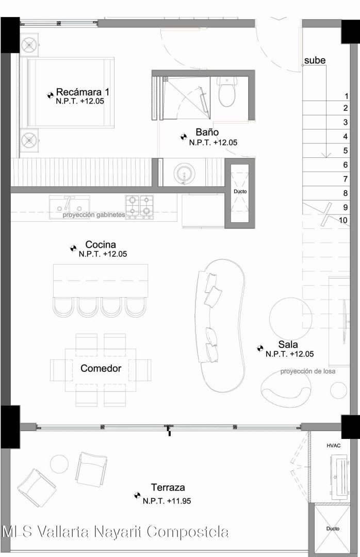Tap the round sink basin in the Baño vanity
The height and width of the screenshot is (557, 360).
pyautogui.click(x=184, y=173)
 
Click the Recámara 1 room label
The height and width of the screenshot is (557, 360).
pyautogui.click(x=83, y=92)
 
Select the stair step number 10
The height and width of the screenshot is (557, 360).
pyautogui.click(x=343, y=220)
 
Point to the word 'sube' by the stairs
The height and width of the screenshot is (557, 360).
pyautogui.click(x=315, y=60)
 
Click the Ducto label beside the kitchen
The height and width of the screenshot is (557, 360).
pyautogui.click(x=240, y=191)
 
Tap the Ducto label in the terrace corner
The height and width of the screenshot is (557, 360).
pyautogui.click(x=333, y=529)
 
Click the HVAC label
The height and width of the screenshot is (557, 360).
pyautogui.click(x=333, y=446)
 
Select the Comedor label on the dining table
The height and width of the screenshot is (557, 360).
pyautogui.click(x=101, y=368)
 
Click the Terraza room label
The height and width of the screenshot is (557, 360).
pyautogui.click(x=168, y=487)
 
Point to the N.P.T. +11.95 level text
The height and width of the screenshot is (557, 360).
pyautogui.click(x=167, y=501)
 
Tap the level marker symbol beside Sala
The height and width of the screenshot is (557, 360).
pyautogui.click(x=260, y=349)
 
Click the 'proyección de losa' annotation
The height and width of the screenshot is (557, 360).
pyautogui.click(x=308, y=371)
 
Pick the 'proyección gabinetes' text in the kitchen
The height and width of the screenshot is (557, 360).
pyautogui.click(x=94, y=215)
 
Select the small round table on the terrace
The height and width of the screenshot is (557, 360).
pyautogui.click(x=59, y=464)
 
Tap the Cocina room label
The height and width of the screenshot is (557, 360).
pyautogui.click(x=101, y=244)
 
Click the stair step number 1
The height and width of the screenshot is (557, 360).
pyautogui.click(x=347, y=96)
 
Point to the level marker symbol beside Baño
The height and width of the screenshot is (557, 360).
pyautogui.click(x=184, y=136)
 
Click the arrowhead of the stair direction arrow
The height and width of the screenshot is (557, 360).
pyautogui.click(x=326, y=155)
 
